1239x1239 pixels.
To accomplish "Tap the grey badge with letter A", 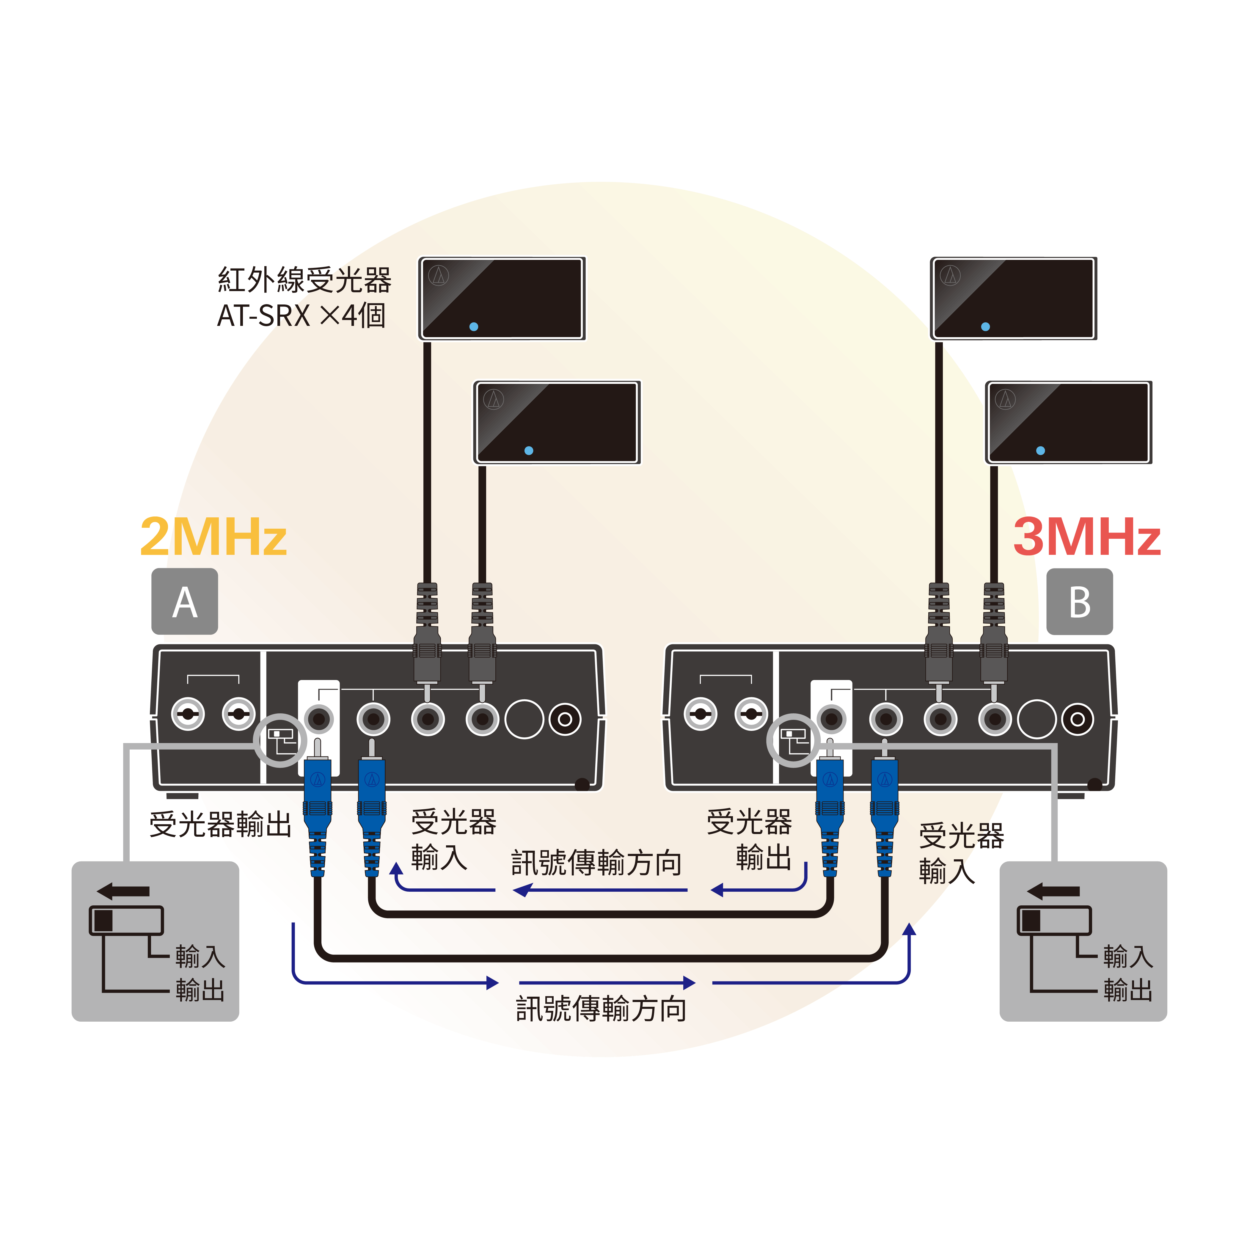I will point(185,602).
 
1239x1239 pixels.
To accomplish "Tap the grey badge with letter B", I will point(1079,602).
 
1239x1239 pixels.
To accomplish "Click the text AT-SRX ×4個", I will point(301,315).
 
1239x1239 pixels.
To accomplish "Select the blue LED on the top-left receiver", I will point(473,326).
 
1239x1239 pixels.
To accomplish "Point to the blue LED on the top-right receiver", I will point(985,326).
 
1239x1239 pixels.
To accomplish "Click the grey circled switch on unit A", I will point(280,740).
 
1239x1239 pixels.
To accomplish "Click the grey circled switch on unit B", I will point(793,740).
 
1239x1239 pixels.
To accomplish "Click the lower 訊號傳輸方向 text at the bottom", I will point(601,1009).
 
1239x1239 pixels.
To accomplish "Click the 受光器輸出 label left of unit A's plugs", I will point(220,824).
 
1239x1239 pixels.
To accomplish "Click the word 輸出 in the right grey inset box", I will point(1128,990).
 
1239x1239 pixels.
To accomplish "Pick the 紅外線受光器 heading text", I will point(304,279).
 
